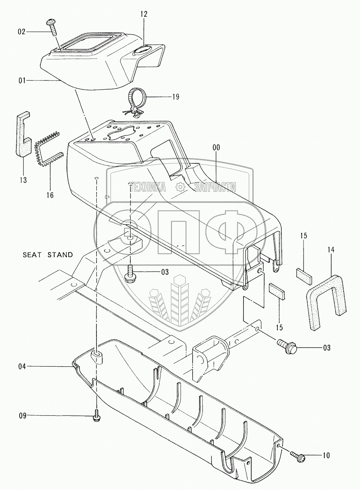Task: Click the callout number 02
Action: point(22,32)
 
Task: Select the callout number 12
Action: point(144,14)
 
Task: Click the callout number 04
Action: point(22,366)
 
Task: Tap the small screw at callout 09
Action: point(96,416)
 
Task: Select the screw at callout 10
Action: point(297,456)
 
